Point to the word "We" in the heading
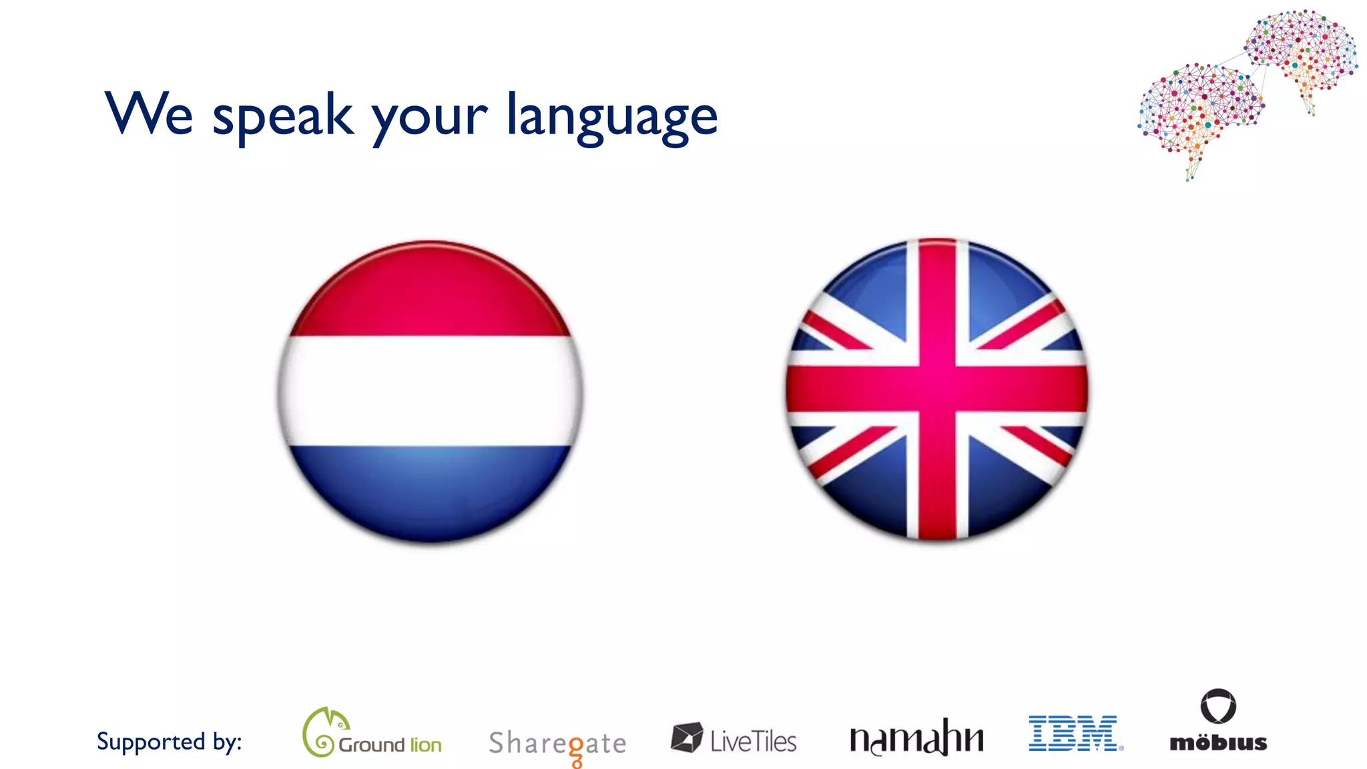coord(149,113)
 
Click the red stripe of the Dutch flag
coord(430,294)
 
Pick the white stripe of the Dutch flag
coord(430,391)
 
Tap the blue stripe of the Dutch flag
coord(430,491)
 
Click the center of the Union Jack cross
coord(937,389)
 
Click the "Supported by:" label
coord(169,742)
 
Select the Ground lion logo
coord(372,734)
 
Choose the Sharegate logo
coord(557,744)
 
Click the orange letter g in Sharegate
coord(575,749)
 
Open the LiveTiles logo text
coord(753,741)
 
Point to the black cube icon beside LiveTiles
coord(686,738)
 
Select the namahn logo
coord(916,738)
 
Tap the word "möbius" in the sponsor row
coord(1218,743)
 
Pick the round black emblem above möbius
coord(1218,706)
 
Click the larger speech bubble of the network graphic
coord(1198,107)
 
